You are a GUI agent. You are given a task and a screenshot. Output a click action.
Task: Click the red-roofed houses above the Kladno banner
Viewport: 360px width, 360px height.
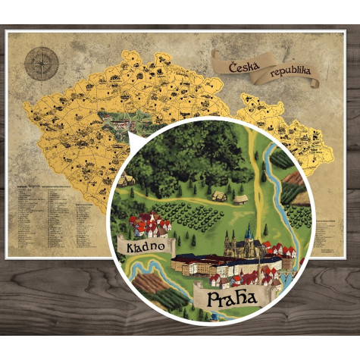[149, 224]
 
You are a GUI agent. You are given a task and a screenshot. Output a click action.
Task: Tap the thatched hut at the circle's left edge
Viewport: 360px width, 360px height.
[126, 180]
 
